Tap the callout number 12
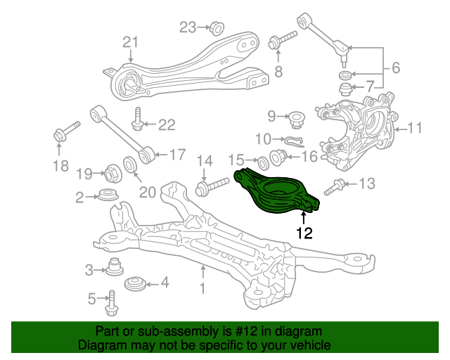point(304,233)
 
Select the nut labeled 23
point(217,28)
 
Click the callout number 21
point(131,42)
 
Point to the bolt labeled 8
point(282,41)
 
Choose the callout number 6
point(396,68)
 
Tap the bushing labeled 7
point(345,89)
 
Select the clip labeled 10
point(295,141)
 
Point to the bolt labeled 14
point(212,187)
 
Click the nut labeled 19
point(112,173)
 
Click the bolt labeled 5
point(112,303)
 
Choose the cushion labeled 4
point(135,284)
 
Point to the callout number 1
point(202,288)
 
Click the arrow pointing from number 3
point(100,270)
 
